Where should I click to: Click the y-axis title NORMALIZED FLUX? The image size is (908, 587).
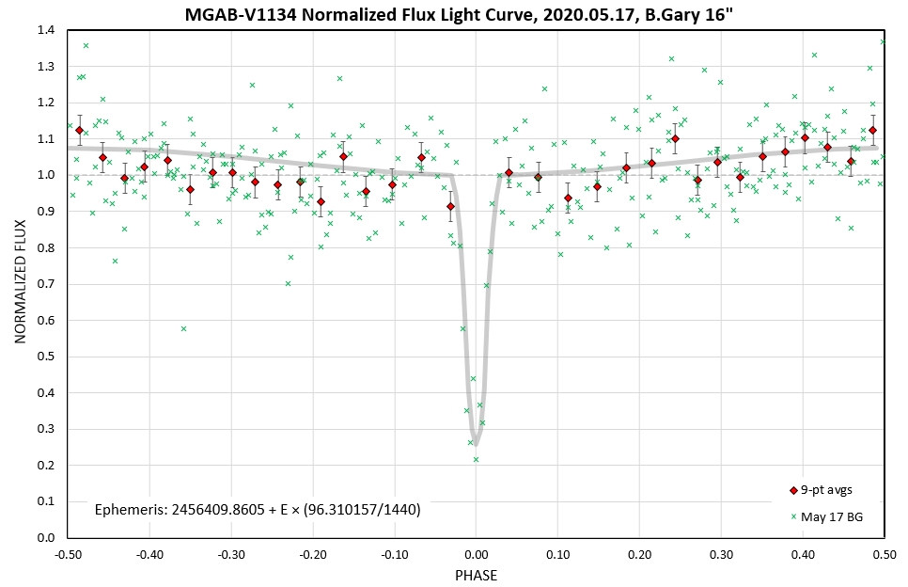pos(20,283)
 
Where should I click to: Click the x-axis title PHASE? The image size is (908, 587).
pos(476,575)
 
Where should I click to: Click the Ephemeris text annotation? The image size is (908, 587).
pos(258,509)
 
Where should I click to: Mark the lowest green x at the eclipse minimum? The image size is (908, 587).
pos(476,459)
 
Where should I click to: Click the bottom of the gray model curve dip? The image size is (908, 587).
pos(476,445)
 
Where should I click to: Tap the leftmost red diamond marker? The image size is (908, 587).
pos(79,130)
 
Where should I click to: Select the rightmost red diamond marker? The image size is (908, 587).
pos(872,130)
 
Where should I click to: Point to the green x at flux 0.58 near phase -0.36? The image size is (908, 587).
pos(183,328)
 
